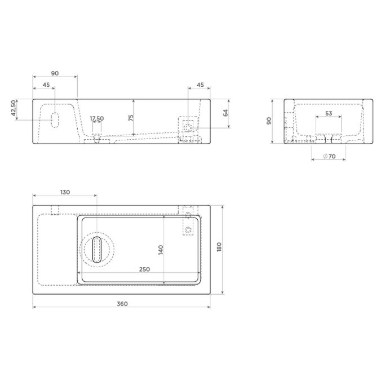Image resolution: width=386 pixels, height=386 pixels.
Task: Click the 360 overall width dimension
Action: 122,304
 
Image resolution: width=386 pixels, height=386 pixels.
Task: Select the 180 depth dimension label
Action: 219,247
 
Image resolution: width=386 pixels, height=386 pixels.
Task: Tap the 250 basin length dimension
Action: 144,269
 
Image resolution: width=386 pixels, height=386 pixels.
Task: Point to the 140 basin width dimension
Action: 160,249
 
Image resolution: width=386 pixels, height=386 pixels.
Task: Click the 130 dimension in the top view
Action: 65,192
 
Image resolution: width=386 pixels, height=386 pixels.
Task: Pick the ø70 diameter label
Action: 329,156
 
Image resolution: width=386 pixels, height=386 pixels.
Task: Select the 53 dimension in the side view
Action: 329,113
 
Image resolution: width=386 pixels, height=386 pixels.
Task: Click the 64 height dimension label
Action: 225,113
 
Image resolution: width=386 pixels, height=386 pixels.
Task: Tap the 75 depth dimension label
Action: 131,117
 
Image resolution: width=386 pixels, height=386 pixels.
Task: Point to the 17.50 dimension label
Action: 97,118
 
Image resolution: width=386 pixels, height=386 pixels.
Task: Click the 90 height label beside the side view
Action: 269,121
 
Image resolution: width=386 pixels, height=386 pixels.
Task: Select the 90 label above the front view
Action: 55,74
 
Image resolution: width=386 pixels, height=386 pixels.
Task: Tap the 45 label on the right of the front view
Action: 199,85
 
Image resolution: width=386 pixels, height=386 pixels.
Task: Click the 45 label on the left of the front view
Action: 46,85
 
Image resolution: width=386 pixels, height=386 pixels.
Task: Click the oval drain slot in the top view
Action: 97,250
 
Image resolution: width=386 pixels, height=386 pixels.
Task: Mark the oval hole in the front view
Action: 55,120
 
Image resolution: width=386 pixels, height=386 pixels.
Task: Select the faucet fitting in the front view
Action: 188,126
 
